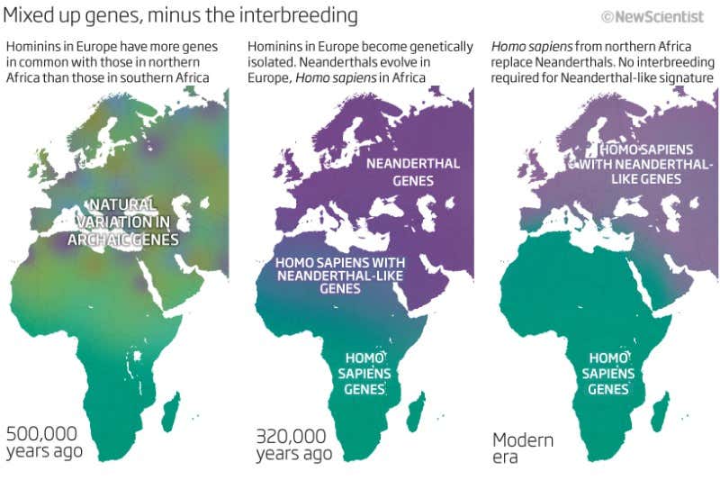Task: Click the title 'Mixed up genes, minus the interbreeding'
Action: point(180,15)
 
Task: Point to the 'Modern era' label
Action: point(523,448)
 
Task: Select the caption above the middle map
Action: point(359,62)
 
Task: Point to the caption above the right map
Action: point(603,62)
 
